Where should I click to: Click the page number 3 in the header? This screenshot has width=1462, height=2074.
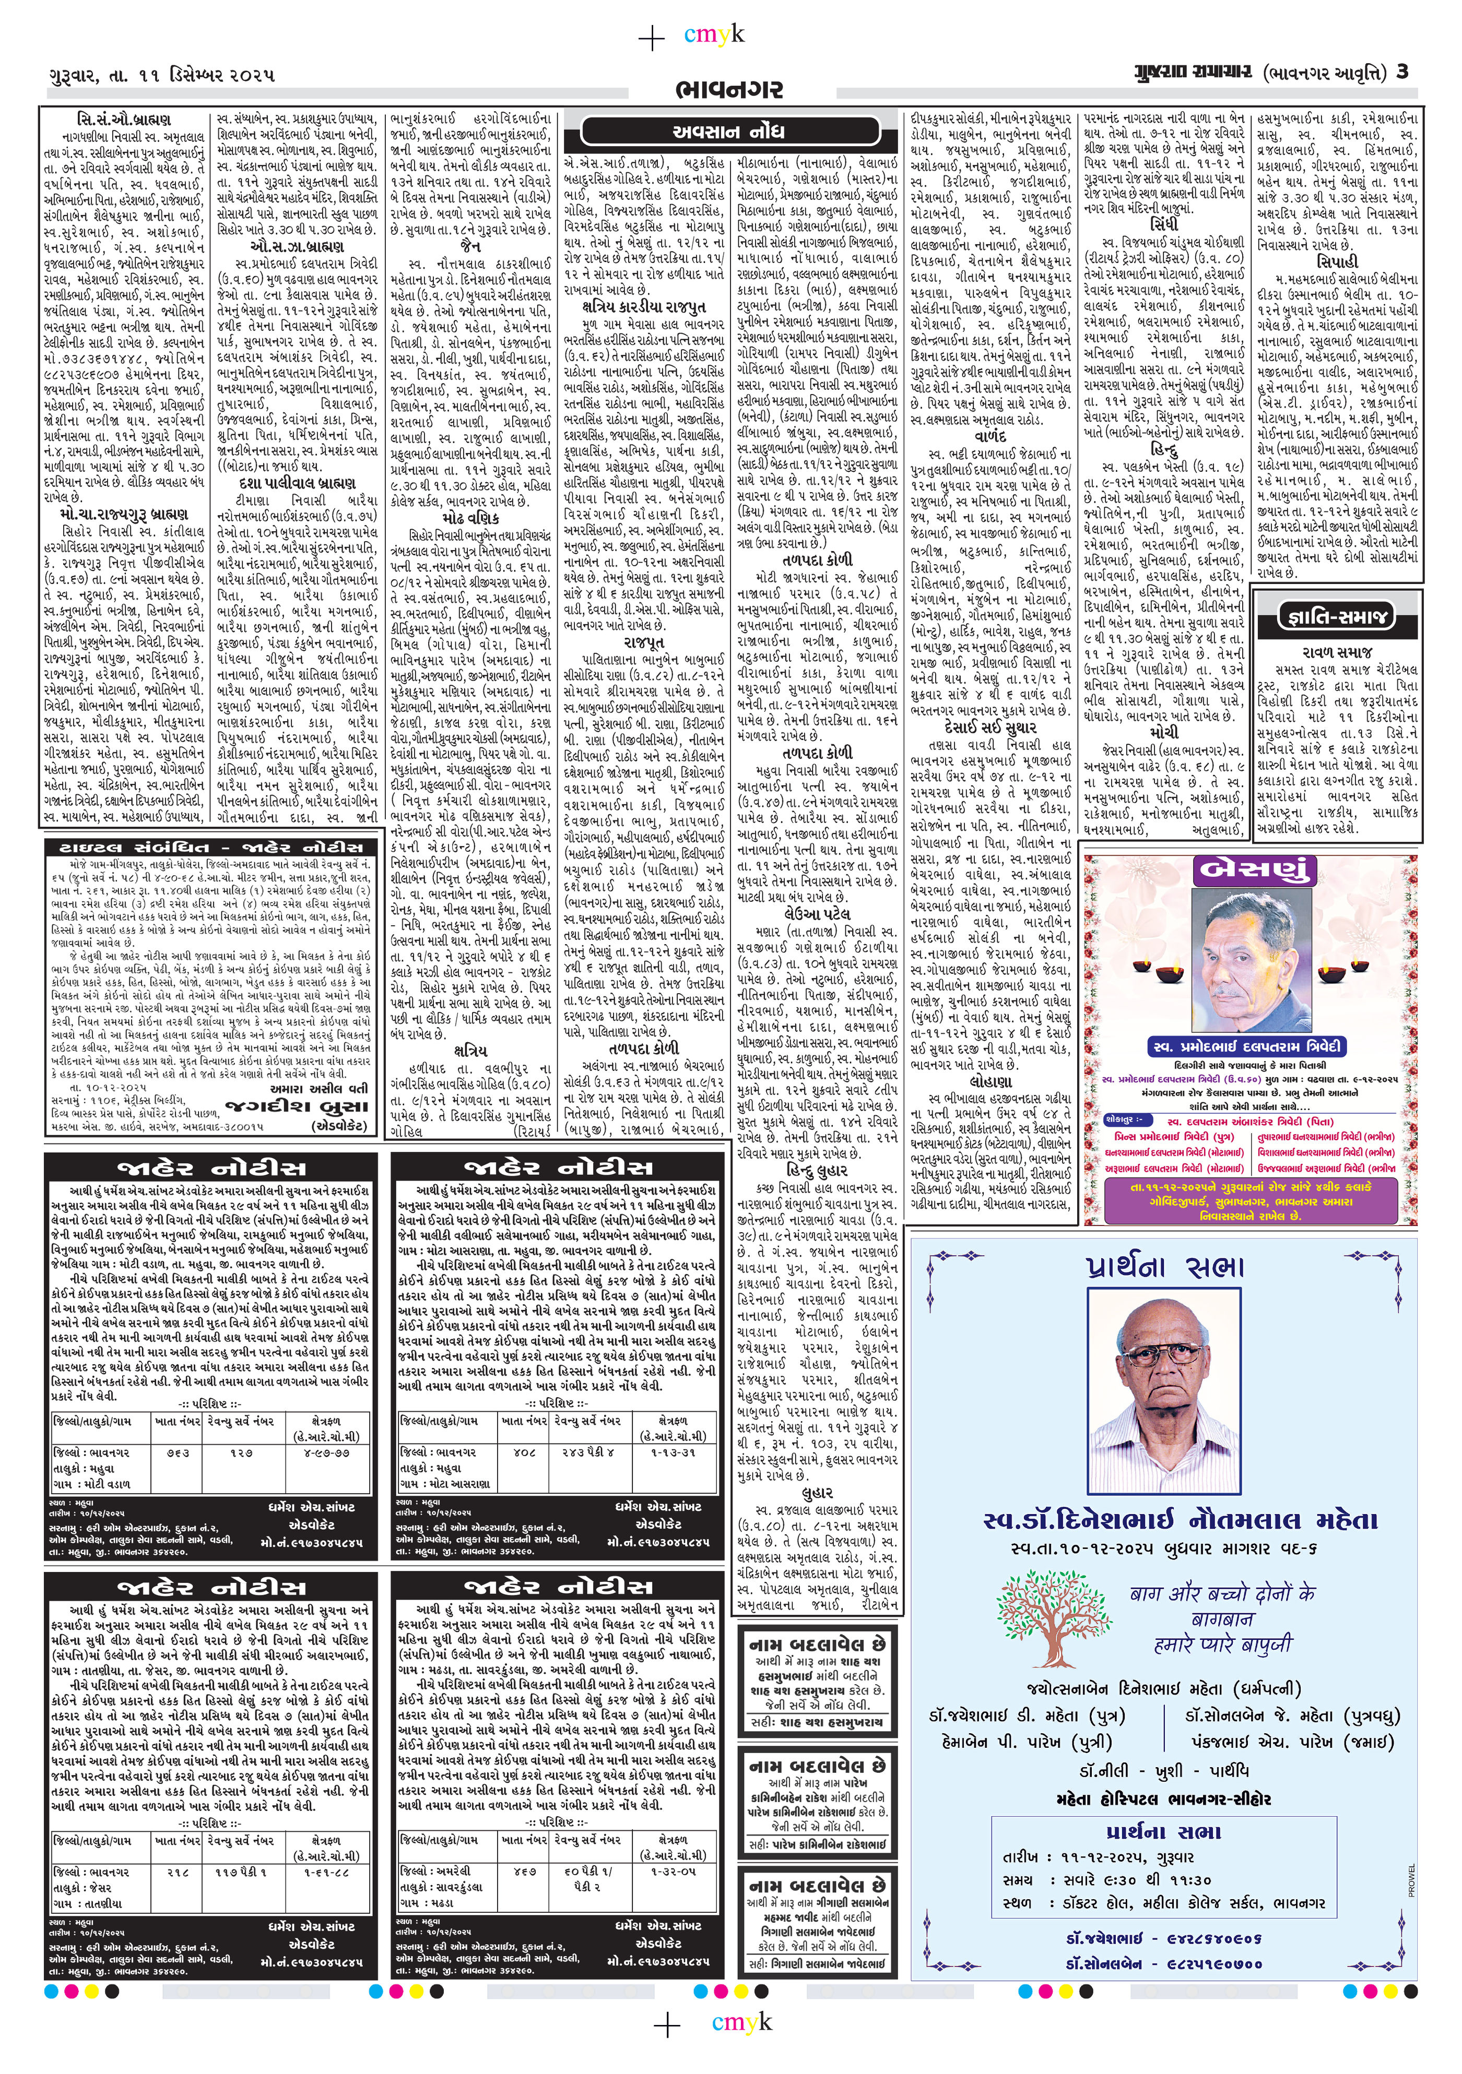pyautogui.click(x=1401, y=72)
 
